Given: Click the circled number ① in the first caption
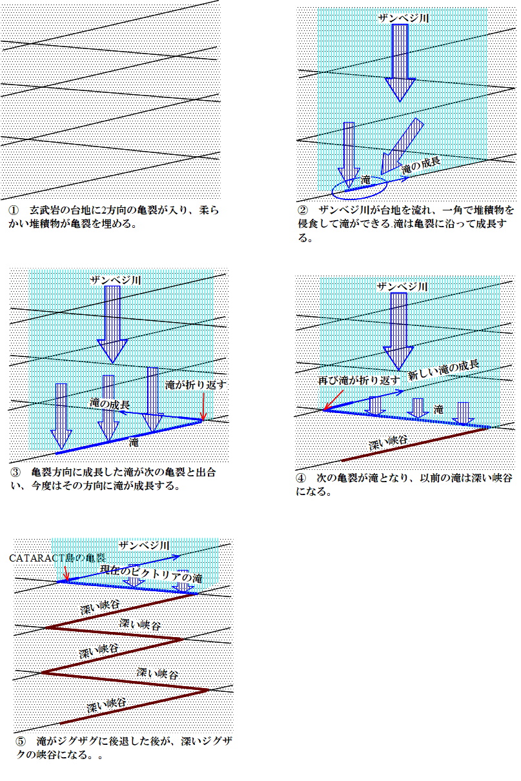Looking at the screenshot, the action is tap(14, 210).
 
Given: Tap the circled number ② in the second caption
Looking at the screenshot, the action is tap(303, 210).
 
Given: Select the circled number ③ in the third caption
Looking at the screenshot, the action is tap(15, 472).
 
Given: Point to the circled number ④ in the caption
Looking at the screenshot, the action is tap(301, 478).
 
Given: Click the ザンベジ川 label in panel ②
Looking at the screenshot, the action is tap(404, 18).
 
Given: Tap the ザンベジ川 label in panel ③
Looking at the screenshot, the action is tap(116, 279).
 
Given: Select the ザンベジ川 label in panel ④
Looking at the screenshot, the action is tap(402, 287).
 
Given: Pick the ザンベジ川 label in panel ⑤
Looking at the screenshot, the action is tap(144, 545).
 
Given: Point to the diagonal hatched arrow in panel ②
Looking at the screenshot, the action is tap(402, 146).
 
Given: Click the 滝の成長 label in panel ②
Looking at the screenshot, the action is tap(420, 166).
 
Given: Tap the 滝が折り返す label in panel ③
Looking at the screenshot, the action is tap(196, 385).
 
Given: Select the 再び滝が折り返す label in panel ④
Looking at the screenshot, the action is tap(359, 380).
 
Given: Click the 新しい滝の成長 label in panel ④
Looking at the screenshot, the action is tap(444, 370).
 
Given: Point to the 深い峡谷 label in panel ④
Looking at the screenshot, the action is tap(388, 443).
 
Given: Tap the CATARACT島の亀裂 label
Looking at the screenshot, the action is tap(57, 558).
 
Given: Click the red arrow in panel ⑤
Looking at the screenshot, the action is tap(66, 573).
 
